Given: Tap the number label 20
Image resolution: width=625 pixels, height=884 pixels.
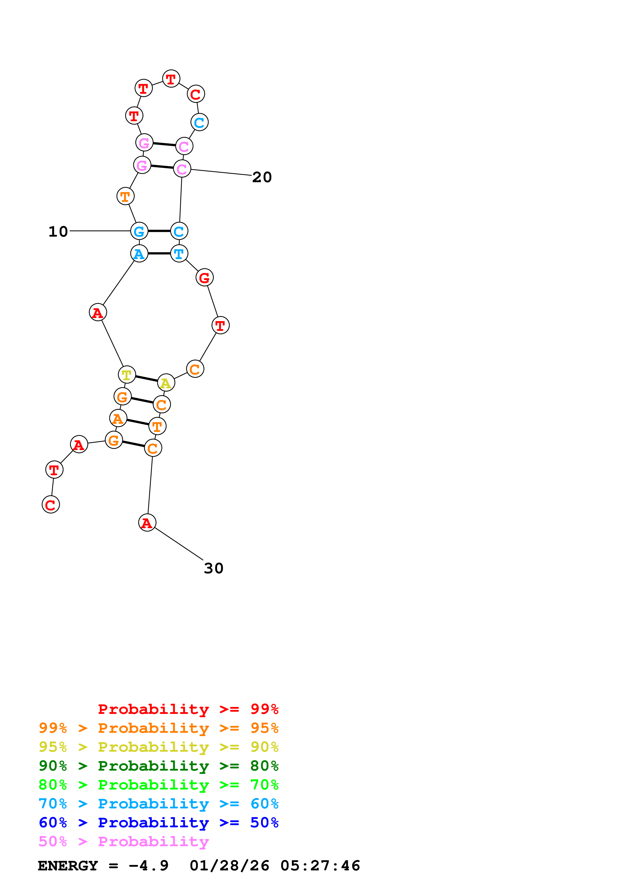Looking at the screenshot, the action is pos(262,177).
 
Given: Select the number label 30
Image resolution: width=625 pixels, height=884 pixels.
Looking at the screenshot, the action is pos(213,568).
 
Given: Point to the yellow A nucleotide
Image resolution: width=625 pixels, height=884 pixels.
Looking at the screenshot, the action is pos(166,383).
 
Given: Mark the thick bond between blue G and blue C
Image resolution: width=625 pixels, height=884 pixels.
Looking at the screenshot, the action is pos(159,231).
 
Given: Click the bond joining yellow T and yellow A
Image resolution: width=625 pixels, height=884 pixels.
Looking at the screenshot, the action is pos(146,378).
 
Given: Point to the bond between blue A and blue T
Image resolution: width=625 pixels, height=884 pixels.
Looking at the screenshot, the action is pos(159,253).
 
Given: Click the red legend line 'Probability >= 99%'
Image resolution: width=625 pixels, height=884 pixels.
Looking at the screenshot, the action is pos(188,709).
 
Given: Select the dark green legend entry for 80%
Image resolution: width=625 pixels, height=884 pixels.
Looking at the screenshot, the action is pos(158,766).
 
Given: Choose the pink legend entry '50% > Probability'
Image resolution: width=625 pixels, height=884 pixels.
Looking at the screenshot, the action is pos(124,841).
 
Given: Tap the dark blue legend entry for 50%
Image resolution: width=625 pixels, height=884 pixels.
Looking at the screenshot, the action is pos(158,823).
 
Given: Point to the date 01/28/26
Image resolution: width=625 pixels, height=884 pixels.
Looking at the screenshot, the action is pos(229,866).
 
